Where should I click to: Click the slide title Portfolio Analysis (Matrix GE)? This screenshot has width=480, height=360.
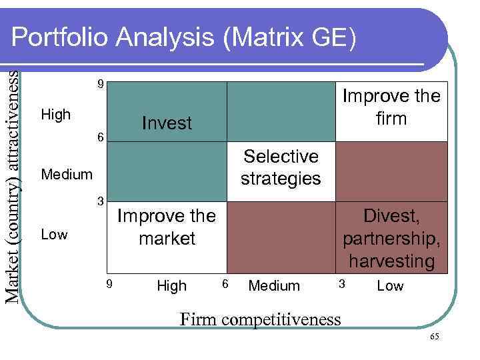[x=184, y=38]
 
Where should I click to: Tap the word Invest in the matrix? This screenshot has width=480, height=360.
[x=167, y=123]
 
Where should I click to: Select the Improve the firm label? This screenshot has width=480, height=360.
[x=391, y=107]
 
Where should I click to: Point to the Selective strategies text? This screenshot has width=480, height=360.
[x=281, y=167]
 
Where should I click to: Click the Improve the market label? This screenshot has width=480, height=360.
[x=167, y=227]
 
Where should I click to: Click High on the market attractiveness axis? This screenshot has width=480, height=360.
[x=56, y=115]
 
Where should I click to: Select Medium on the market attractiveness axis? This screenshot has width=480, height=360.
[x=67, y=175]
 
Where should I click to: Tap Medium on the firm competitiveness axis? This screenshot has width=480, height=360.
[x=274, y=286]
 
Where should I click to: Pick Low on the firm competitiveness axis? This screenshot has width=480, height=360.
[x=391, y=286]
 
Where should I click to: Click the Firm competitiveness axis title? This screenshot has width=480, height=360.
[x=261, y=319]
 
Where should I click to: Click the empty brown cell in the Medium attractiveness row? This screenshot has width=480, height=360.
[x=391, y=171]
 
